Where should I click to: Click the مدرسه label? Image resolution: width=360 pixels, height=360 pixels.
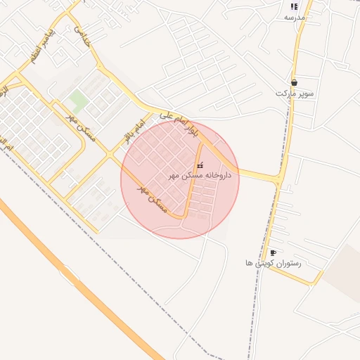coord(293,17)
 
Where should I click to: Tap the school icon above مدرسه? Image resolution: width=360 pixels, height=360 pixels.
coord(293,6)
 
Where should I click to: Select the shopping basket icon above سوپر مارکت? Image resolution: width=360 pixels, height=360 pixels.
coord(294,82)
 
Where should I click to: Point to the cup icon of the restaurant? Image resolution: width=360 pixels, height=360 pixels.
coord(273,252)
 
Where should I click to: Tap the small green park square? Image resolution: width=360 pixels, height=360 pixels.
coord(79,100)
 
